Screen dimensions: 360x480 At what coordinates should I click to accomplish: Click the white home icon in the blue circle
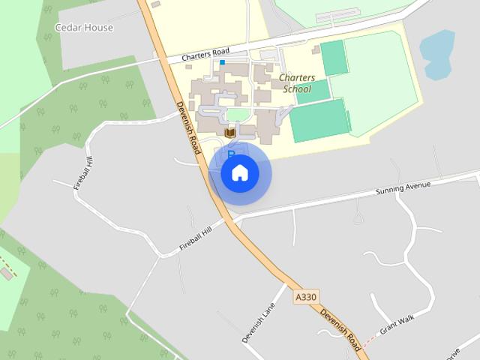coord(239,173)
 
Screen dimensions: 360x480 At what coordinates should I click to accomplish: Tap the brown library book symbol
coord(230,133)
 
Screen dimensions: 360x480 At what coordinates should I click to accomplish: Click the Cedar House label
coord(85,28)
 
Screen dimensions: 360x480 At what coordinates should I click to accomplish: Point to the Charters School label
coord(295,82)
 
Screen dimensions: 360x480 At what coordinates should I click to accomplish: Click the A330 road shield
coord(305,297)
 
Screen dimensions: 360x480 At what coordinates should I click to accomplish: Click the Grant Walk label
coord(397,324)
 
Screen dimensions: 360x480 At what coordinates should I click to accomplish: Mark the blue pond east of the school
coord(436,54)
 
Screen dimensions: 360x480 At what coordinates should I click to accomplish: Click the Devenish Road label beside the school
coord(188,128)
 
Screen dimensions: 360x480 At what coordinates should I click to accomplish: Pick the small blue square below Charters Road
coord(223,62)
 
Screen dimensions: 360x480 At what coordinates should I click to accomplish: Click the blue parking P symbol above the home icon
coord(231,154)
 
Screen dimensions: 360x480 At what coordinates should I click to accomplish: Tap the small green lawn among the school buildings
coord(237,114)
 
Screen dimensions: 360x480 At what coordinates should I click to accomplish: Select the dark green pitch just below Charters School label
coord(312,91)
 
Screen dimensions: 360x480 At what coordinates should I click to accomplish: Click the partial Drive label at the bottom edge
coord(453,353)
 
